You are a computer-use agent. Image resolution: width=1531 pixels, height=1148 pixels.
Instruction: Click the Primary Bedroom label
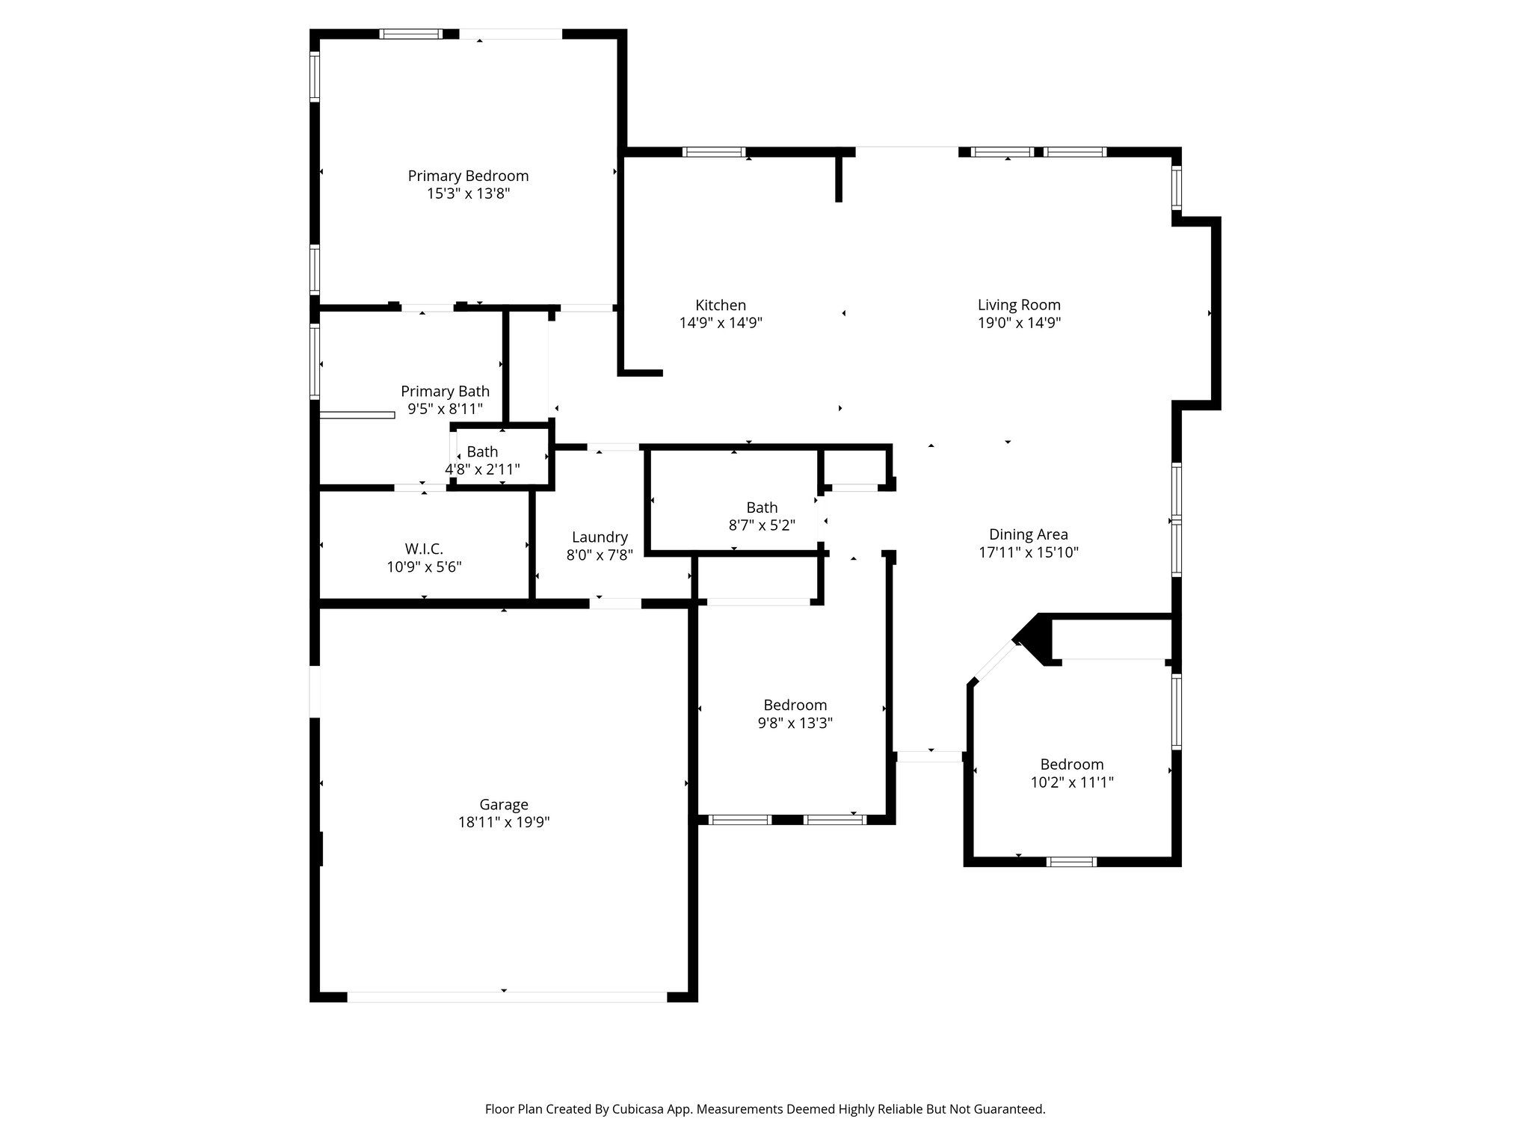[x=468, y=176]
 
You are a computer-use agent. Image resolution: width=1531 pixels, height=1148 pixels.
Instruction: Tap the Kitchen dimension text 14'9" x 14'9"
[x=721, y=323]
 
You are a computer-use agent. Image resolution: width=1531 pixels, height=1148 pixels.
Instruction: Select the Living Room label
[x=1019, y=305]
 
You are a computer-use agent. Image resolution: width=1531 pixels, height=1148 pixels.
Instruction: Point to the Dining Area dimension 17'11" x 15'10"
[x=1028, y=552]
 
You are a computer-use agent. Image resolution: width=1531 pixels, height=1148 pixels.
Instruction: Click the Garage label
[x=503, y=804]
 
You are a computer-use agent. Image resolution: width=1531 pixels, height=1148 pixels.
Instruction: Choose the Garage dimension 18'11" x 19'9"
[x=503, y=822]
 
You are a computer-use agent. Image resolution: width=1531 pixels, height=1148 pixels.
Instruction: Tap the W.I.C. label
[x=424, y=549]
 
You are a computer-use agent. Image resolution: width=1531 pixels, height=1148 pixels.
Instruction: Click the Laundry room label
[x=600, y=537]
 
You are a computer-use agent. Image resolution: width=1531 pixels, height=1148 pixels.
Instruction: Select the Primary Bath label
[x=445, y=391]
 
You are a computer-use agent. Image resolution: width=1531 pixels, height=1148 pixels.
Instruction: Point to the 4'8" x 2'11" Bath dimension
[x=482, y=469]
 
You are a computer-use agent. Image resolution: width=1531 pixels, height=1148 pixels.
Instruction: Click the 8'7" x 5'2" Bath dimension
[x=761, y=525]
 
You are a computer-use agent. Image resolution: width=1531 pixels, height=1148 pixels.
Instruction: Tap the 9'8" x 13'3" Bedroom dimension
[x=795, y=723]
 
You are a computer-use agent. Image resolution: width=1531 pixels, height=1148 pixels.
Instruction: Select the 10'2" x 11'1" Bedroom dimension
[x=1071, y=783]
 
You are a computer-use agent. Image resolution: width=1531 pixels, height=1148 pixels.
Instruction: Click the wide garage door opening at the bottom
[x=506, y=996]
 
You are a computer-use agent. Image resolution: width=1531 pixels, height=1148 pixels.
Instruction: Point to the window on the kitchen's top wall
[x=714, y=152]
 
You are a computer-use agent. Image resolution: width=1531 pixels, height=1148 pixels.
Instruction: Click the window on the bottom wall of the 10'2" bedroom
[x=1071, y=862]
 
